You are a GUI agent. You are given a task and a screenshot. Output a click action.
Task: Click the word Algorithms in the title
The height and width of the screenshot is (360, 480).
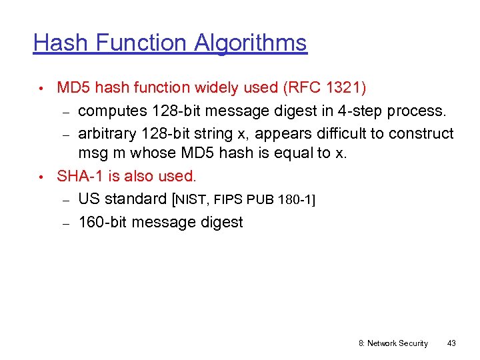tap(251, 43)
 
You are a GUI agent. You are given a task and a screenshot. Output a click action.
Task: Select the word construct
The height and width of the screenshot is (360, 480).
tap(421, 133)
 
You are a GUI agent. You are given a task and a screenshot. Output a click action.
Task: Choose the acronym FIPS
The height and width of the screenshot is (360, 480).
tap(231, 199)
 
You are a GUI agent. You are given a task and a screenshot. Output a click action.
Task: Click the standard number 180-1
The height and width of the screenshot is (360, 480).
tap(294, 199)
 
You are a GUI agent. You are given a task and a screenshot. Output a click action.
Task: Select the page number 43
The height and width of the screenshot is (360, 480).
tap(451, 343)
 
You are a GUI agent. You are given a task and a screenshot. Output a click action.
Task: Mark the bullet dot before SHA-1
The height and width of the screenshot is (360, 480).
tap(41, 177)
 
